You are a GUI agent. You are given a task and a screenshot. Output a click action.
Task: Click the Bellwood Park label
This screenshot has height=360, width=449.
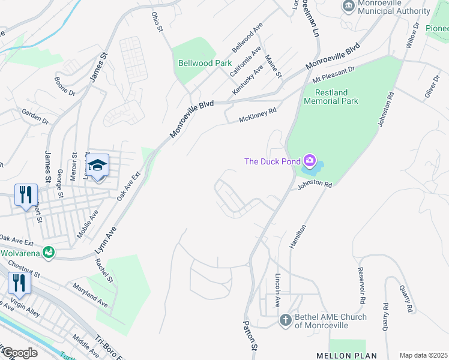click(205, 62)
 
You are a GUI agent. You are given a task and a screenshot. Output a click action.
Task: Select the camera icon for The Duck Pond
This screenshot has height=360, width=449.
click(310, 160)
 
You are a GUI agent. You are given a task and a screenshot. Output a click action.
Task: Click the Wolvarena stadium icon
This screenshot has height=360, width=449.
click(48, 252)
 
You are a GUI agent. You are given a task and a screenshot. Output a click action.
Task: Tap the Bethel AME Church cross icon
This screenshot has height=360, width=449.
click(285, 320)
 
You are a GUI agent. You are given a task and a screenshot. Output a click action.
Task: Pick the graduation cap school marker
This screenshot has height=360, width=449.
click(97, 165)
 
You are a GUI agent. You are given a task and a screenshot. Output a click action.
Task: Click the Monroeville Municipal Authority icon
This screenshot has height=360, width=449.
click(348, 7)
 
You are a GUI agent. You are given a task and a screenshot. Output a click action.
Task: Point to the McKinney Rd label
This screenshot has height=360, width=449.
click(258, 115)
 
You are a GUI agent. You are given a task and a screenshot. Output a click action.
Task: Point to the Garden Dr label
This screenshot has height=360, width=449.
click(35, 116)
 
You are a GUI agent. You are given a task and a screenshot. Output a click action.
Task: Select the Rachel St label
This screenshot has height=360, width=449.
click(104, 271)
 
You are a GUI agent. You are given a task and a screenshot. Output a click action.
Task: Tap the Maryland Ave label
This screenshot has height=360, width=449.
click(89, 296)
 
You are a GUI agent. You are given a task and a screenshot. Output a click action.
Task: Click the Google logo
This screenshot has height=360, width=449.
click(19, 353)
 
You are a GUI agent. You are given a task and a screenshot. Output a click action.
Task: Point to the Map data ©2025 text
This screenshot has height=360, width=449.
click(423, 355)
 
